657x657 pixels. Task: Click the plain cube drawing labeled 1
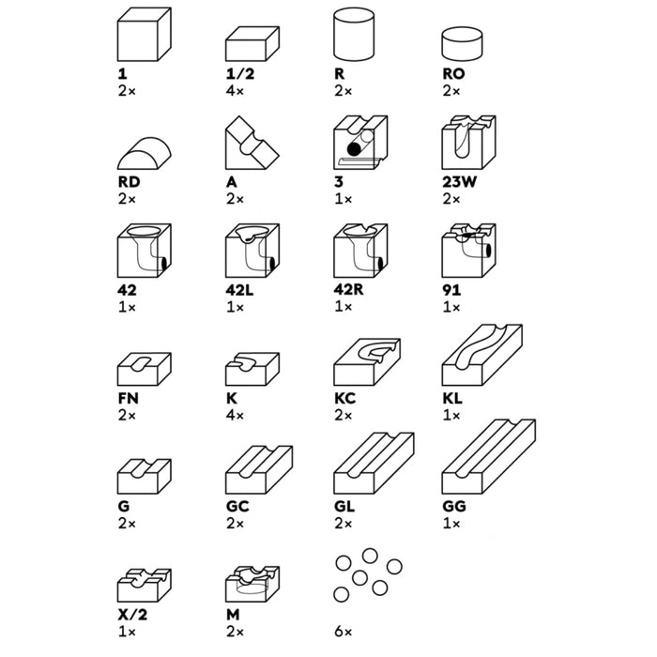pos(145,35)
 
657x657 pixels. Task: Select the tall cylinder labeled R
pos(354,34)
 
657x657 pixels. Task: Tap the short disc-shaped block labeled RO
pos(462,43)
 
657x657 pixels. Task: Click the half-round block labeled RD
pos(145,153)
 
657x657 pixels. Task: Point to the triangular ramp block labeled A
pos(252,143)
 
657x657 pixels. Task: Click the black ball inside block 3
pos(354,148)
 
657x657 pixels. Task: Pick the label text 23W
pos(459,182)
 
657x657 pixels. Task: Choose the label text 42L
pos(239,290)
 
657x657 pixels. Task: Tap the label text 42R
pos(348,289)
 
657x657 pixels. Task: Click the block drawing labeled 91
pos(469,251)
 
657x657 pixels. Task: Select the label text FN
pos(129,398)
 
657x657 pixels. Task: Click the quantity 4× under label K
pos(235,415)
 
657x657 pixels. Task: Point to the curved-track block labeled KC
pos(367,362)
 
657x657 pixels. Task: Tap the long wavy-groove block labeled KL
pos(481,355)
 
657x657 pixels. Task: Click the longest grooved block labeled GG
pos(489,456)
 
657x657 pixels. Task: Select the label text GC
pos(237,506)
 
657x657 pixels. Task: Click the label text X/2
pos(133,615)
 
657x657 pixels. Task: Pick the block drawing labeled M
pos(252,584)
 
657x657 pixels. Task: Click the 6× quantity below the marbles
pos(344,632)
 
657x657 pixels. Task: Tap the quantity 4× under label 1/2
pos(235,90)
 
